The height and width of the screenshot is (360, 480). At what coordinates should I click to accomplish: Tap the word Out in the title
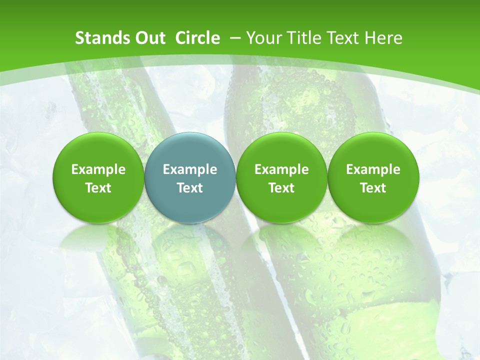tap(147, 38)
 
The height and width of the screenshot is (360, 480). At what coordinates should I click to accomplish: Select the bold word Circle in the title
tap(197, 38)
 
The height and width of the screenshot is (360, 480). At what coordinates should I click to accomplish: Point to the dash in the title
tap(235, 38)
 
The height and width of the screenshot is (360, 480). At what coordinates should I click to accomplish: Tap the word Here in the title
tap(383, 38)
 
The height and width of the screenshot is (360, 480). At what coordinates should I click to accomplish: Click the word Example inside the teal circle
tap(190, 169)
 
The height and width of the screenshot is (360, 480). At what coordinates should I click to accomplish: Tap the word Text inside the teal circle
tap(190, 188)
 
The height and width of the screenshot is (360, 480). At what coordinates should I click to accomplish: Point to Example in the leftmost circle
tap(98, 169)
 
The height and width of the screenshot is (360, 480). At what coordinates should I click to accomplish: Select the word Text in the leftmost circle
tap(98, 188)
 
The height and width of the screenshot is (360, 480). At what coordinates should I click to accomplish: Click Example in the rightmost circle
tap(373, 169)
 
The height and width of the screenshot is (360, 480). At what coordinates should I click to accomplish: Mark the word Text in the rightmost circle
tap(373, 188)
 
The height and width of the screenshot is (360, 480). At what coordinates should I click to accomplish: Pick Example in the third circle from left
tap(281, 169)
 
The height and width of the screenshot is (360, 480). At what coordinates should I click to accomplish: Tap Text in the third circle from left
tap(281, 188)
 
